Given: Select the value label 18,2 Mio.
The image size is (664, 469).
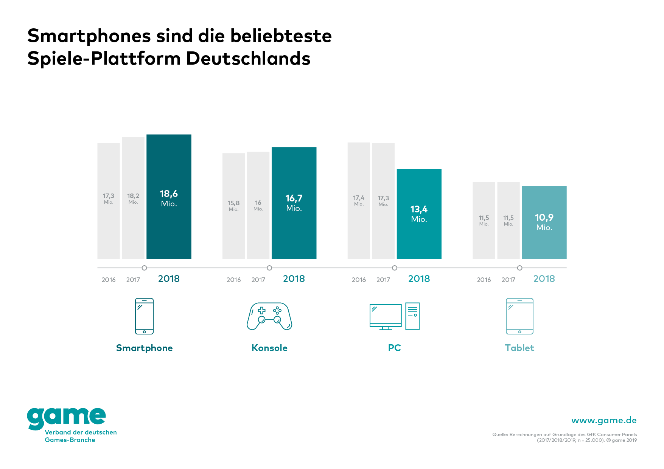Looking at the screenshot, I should click(x=133, y=198).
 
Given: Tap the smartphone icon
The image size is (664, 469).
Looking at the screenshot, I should click(x=144, y=316).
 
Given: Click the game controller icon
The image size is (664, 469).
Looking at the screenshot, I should click(x=269, y=316).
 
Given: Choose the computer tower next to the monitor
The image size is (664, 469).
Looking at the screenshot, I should click(x=412, y=316).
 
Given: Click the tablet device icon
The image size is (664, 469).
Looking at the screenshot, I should click(x=519, y=316).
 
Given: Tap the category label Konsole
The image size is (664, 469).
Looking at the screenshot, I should click(x=269, y=348).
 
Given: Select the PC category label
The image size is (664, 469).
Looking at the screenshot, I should click(x=394, y=348).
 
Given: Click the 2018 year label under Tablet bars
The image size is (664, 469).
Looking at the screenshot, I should click(x=544, y=279).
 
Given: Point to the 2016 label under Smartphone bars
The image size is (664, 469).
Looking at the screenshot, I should click(x=109, y=280).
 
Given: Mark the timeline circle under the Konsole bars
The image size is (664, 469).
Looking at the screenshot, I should click(x=269, y=268).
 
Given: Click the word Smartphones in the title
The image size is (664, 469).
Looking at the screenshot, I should click(x=89, y=36).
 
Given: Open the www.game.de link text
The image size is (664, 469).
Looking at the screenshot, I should click(x=604, y=420).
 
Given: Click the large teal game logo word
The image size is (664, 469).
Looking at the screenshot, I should click(x=66, y=417).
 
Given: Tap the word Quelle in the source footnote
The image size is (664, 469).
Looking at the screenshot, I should click(x=499, y=435).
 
